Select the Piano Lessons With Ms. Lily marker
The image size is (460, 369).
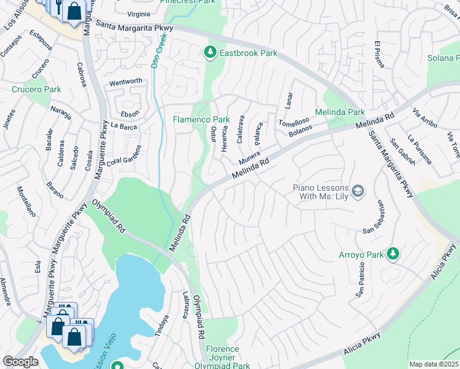click(359, 192)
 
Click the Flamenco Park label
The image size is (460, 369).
click(201, 119)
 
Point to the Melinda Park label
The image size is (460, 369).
click(339, 112)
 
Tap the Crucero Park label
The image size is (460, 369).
click(36, 89)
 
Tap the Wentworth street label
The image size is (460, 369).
click(125, 81)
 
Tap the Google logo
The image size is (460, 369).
click(20, 361)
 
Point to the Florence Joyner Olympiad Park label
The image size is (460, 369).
click(222, 357)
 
